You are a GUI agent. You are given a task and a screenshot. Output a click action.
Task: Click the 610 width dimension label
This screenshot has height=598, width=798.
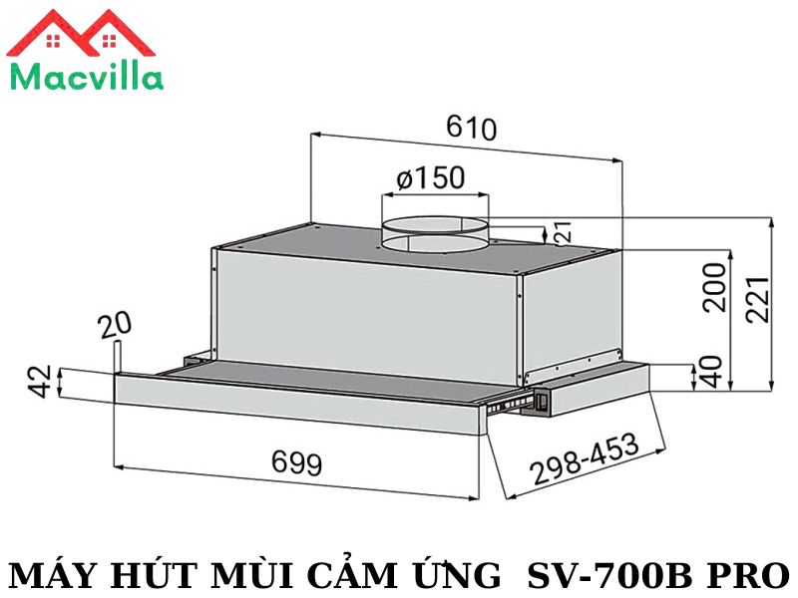point(471,129)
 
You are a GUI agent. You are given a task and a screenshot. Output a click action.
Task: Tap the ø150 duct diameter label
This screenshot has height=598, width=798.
point(431,178)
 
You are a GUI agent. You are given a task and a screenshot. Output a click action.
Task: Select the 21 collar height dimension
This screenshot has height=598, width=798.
point(563,232)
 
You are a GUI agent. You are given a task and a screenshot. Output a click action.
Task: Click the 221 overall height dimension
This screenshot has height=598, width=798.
point(757,300)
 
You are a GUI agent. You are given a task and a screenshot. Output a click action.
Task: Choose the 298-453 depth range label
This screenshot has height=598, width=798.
point(585,459)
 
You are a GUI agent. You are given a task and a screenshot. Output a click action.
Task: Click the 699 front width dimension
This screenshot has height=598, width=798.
point(297,462)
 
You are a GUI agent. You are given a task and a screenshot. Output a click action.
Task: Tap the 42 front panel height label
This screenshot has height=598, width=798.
point(40,381)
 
